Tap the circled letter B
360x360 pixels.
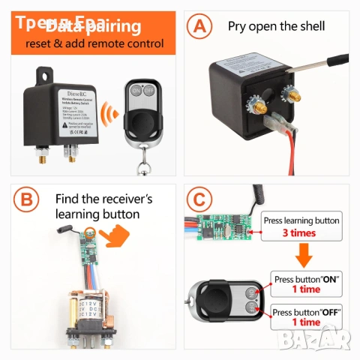26,201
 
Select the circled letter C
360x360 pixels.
199,201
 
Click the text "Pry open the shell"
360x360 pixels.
276,26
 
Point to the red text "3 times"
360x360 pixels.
298,233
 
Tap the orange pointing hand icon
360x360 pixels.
114,239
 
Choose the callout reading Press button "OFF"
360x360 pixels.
307,316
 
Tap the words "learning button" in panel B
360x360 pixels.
97,214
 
